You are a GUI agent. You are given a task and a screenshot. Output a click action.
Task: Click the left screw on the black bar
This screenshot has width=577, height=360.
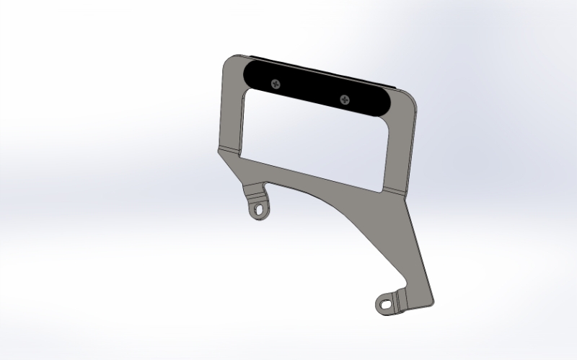tap(274, 84)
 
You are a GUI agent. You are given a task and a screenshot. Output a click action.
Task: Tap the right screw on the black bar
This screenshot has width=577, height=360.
tap(343, 98)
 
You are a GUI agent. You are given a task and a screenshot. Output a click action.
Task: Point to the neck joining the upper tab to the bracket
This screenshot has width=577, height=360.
tap(255, 190)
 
